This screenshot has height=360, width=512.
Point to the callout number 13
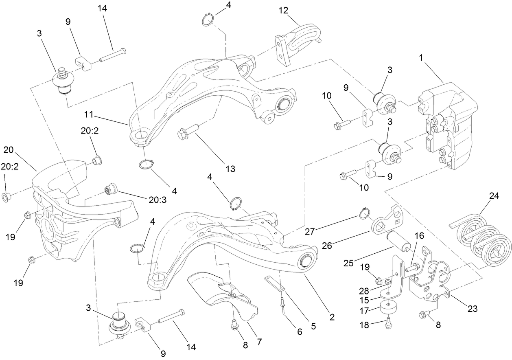[x=230, y=169]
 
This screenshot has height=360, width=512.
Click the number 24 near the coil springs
[x=494, y=195]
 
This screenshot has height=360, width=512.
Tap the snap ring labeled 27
[x=365, y=213]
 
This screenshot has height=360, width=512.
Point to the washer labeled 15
[x=387, y=294]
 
